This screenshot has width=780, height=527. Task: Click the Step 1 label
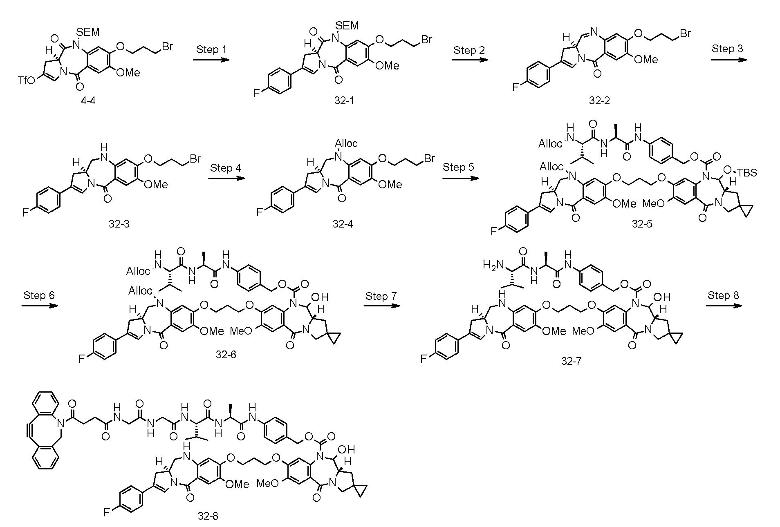pyautogui.click(x=211, y=49)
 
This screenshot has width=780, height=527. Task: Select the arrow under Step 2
pyautogui.click(x=470, y=60)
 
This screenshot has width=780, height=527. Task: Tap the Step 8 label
pyautogui.click(x=723, y=295)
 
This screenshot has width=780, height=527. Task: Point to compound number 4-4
pyautogui.click(x=88, y=100)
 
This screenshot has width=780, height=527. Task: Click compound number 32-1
pyautogui.click(x=344, y=100)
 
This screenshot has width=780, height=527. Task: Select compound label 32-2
pyautogui.click(x=599, y=100)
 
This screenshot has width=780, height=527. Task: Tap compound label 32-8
pyautogui.click(x=208, y=516)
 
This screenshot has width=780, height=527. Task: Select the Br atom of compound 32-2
pyautogui.click(x=684, y=33)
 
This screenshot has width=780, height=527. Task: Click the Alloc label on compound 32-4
pyautogui.click(x=346, y=143)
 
